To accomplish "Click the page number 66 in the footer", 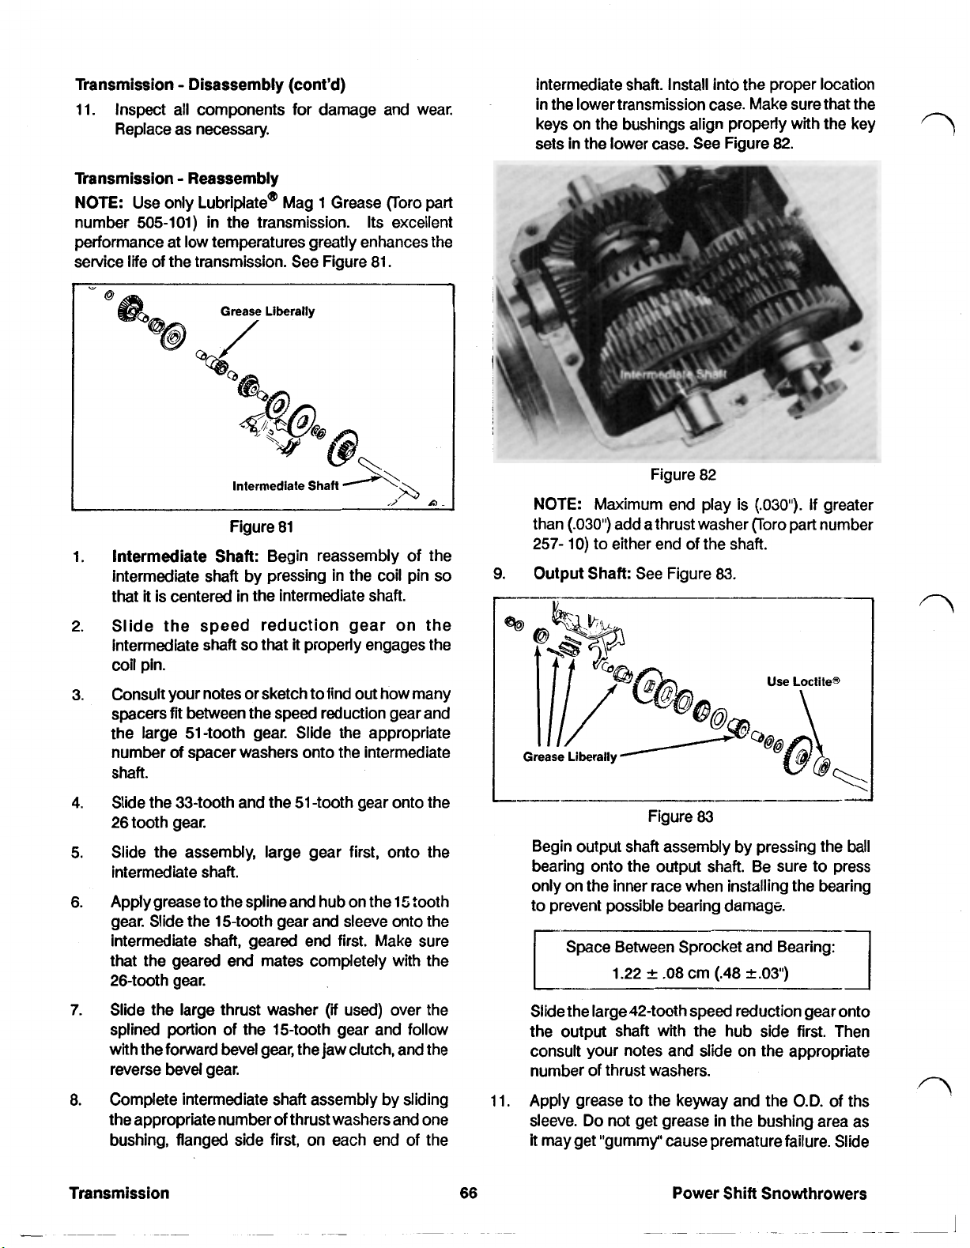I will [468, 1193].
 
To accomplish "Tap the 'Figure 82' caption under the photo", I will [683, 474].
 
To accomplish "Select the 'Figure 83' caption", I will [680, 816].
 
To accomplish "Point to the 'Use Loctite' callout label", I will [802, 681].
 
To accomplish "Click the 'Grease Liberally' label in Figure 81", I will [267, 311].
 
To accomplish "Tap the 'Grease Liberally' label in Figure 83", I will [569, 757].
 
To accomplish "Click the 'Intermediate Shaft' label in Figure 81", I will [285, 485].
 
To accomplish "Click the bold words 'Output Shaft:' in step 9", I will [583, 572].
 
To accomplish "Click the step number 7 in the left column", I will [77, 1011].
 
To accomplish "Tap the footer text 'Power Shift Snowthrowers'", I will [768, 1193].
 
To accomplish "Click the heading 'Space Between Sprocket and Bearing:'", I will [700, 948].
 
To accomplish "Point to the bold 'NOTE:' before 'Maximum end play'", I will [558, 504].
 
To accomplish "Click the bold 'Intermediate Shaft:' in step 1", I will [186, 556].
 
